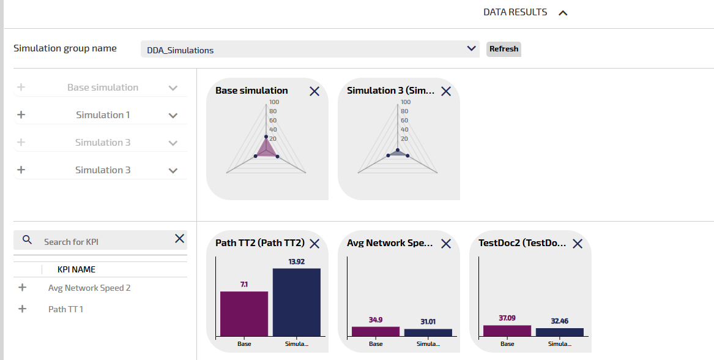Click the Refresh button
tap(504, 49)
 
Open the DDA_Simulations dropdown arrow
tap(471, 48)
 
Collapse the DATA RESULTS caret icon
tap(563, 13)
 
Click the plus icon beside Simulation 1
tap(21, 114)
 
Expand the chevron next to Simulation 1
tap(173, 115)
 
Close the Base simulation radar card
tap(314, 91)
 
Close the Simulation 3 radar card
tap(446, 91)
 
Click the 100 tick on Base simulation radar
tap(273, 102)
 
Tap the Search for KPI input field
tap(104, 242)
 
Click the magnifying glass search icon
tap(27, 239)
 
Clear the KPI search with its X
tap(179, 239)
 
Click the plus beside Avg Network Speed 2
tap(23, 287)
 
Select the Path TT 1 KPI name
tap(65, 309)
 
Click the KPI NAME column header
tap(76, 269)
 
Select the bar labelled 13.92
tap(296, 302)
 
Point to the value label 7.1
tap(244, 284)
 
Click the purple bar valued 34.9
tap(375, 331)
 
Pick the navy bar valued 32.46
tap(559, 332)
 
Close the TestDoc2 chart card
tap(578, 244)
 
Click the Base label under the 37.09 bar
tap(507, 344)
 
